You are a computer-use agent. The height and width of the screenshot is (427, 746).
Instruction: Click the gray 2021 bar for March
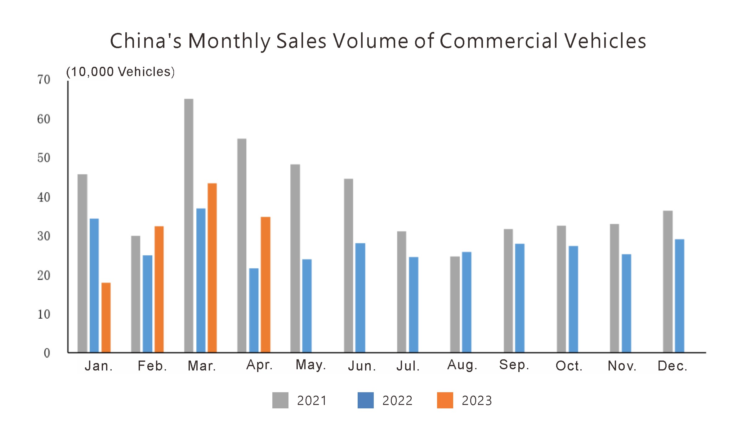pos(189,225)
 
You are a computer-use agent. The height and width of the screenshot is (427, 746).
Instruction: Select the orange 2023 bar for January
pos(106,317)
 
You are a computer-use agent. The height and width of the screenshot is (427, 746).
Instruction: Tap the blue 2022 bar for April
pos(254,310)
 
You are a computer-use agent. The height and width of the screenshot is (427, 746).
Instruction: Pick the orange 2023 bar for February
pos(159,289)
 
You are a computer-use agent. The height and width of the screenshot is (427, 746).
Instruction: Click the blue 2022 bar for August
pos(467,302)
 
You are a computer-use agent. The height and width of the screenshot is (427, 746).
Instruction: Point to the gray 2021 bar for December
pos(668,281)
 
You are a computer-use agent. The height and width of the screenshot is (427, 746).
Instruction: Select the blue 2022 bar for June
pos(360,298)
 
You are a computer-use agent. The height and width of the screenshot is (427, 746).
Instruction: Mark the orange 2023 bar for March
pos(212,268)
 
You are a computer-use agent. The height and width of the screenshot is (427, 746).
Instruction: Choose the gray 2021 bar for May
pos(295,258)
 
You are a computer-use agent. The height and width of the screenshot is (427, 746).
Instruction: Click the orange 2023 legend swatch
pos(445,400)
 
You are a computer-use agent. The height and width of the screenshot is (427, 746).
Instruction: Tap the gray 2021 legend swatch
pos(280,400)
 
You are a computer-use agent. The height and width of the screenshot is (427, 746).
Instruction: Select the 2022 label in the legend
pos(397,401)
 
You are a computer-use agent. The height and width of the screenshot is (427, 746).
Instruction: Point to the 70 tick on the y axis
pos(44,80)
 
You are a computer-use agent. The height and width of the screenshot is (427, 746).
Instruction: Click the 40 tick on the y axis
pos(44,198)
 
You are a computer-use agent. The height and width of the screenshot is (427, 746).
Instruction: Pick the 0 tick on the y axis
pos(47,353)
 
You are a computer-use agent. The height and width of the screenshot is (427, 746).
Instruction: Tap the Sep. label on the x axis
pos(514,365)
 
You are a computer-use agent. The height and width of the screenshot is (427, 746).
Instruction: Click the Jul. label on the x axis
pos(408,366)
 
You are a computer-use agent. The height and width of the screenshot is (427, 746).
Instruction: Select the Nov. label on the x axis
pos(622,366)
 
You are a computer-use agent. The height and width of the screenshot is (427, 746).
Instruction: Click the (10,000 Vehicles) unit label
pos(120,72)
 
